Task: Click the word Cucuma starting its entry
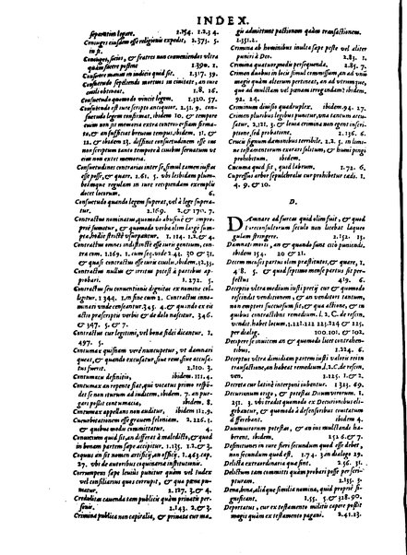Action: [227, 195]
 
